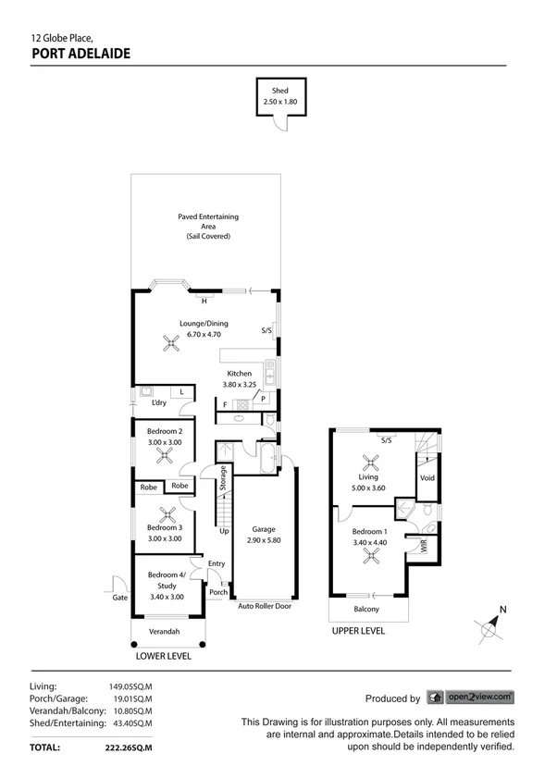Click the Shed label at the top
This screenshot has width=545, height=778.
279,91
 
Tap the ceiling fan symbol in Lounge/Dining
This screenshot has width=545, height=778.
170,344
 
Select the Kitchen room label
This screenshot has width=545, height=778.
238,373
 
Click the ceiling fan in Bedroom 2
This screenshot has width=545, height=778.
164,454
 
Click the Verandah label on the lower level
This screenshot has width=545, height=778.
164,632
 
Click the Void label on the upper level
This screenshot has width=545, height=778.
427,478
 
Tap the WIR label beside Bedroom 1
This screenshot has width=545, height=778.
425,547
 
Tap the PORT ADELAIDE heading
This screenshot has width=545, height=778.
81,54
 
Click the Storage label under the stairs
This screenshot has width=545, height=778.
223,480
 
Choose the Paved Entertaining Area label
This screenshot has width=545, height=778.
208,227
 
